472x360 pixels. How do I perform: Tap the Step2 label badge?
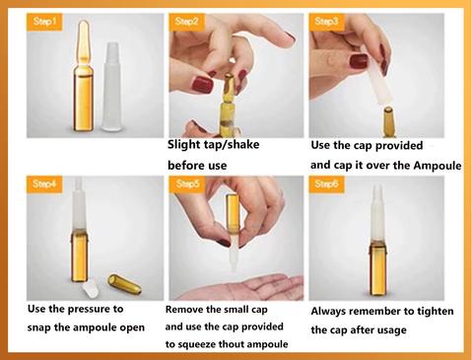(x=188, y=21)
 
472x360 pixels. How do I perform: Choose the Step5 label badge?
(x=188, y=183)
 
